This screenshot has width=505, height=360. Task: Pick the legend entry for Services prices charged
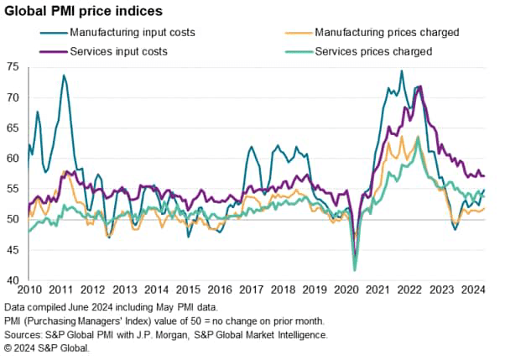pos(370,51)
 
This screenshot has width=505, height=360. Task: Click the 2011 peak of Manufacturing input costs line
pos(64,76)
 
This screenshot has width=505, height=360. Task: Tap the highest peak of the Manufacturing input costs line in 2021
pos(401,71)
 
